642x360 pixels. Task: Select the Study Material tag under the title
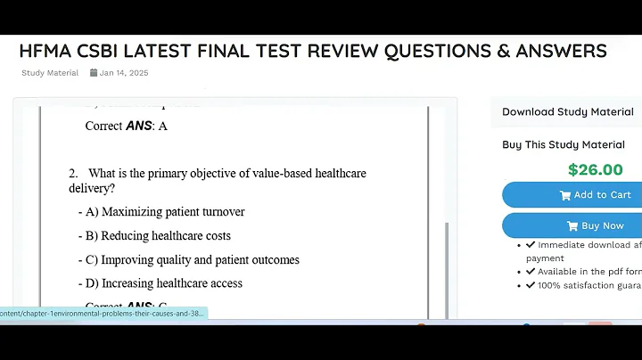(x=50, y=73)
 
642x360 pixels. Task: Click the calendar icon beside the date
(x=94, y=73)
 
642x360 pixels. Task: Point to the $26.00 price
(x=595, y=169)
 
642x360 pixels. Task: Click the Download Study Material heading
(x=567, y=112)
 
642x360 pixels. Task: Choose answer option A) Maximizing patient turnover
(x=164, y=212)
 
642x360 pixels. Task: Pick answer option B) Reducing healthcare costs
(x=157, y=236)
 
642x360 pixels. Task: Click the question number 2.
(x=72, y=173)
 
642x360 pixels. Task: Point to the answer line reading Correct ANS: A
(x=126, y=126)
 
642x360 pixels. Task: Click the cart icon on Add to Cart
(x=564, y=195)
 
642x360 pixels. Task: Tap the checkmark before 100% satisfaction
(x=531, y=285)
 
